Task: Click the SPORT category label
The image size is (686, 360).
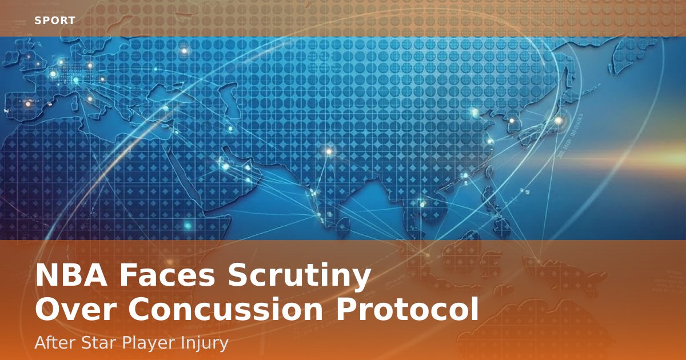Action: click(x=55, y=21)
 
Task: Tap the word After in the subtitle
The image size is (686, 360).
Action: click(x=54, y=343)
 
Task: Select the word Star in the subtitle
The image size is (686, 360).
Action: click(x=98, y=343)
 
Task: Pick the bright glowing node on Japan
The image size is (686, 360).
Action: click(x=558, y=120)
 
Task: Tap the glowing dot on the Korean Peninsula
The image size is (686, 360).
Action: click(x=512, y=121)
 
